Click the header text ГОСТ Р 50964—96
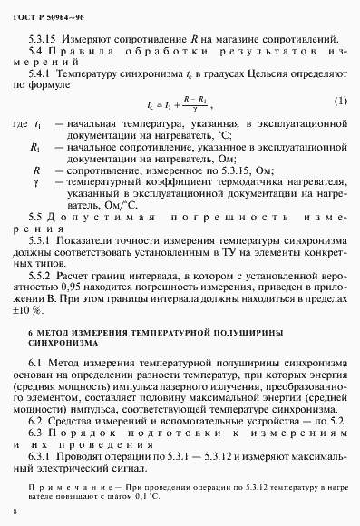[x=44, y=12]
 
